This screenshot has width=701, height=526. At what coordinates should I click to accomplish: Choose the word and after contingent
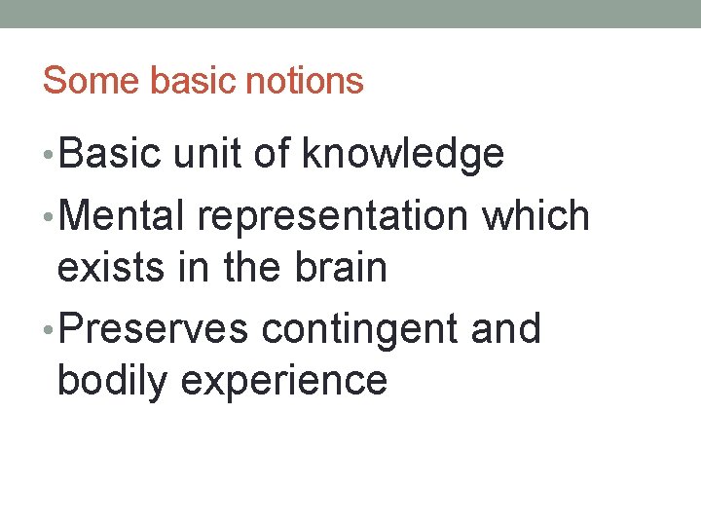point(505,329)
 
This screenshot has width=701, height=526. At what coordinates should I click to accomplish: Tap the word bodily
point(112,381)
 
